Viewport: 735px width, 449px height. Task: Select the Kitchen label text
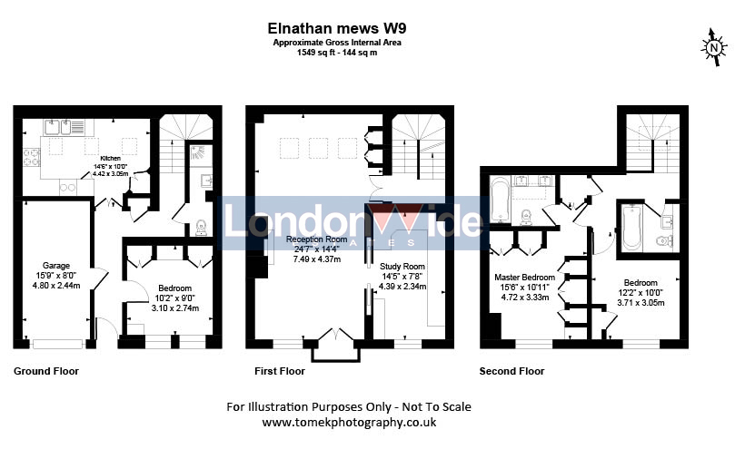click(x=112, y=157)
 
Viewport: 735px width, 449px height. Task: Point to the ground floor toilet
click(x=201, y=227)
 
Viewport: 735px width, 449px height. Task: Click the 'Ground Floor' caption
click(x=46, y=371)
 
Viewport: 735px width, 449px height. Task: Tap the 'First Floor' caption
click(x=281, y=371)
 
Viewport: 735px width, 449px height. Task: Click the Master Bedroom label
click(x=523, y=277)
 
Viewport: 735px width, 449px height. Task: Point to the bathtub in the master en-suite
click(x=502, y=200)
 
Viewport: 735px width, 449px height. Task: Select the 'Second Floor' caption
click(x=512, y=371)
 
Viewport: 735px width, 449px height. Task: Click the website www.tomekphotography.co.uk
click(x=349, y=423)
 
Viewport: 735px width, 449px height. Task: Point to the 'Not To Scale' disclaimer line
click(x=349, y=406)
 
